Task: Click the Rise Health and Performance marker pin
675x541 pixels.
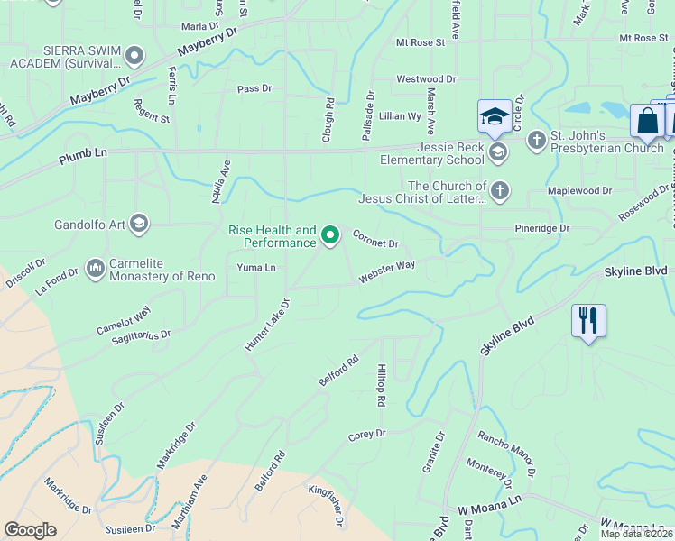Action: tap(330, 235)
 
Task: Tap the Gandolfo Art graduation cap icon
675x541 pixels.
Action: tap(138, 223)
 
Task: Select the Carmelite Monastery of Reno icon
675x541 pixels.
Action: tap(96, 268)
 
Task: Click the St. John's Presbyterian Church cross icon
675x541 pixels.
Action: tap(536, 140)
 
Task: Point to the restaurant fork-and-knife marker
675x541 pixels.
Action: tap(587, 322)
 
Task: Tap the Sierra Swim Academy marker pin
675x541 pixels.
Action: tap(135, 56)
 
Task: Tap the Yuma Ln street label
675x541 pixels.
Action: tap(255, 268)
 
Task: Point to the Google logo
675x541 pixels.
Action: tap(30, 529)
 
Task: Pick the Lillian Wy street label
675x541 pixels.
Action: tap(400, 116)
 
